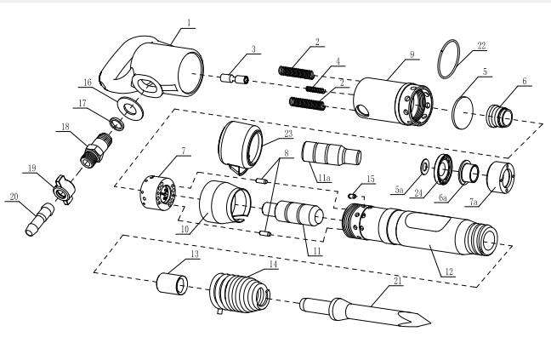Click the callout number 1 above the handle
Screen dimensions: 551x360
click(x=189, y=23)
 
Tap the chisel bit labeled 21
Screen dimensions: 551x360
click(x=366, y=312)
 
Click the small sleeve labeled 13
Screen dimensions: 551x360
click(x=172, y=283)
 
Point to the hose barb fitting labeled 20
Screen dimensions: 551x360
click(x=40, y=219)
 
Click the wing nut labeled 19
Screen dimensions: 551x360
click(x=63, y=190)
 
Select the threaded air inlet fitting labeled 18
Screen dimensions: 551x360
click(x=96, y=149)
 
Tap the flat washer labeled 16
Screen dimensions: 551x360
click(x=130, y=108)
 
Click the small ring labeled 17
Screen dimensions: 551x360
click(x=116, y=124)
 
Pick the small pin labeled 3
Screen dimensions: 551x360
click(x=235, y=78)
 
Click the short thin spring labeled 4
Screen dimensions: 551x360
click(x=314, y=89)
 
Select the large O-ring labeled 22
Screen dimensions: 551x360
click(x=449, y=59)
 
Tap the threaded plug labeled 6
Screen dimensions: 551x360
click(x=500, y=116)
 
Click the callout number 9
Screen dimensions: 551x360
click(x=412, y=54)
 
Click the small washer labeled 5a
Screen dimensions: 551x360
click(x=425, y=165)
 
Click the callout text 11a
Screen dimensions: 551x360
click(x=324, y=178)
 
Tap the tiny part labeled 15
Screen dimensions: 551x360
click(x=353, y=196)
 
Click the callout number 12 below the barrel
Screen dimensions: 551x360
click(x=449, y=271)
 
